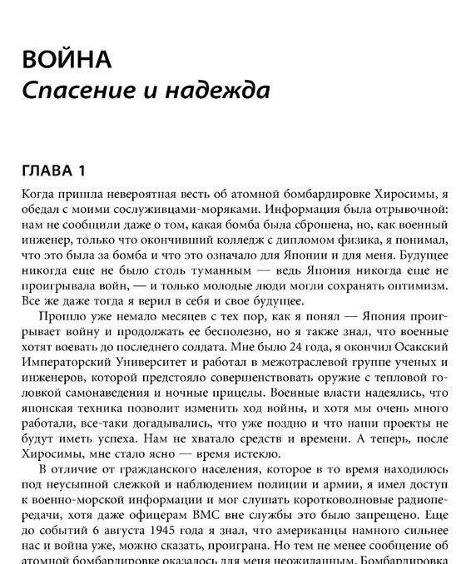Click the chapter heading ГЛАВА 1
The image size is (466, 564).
tap(53, 173)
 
